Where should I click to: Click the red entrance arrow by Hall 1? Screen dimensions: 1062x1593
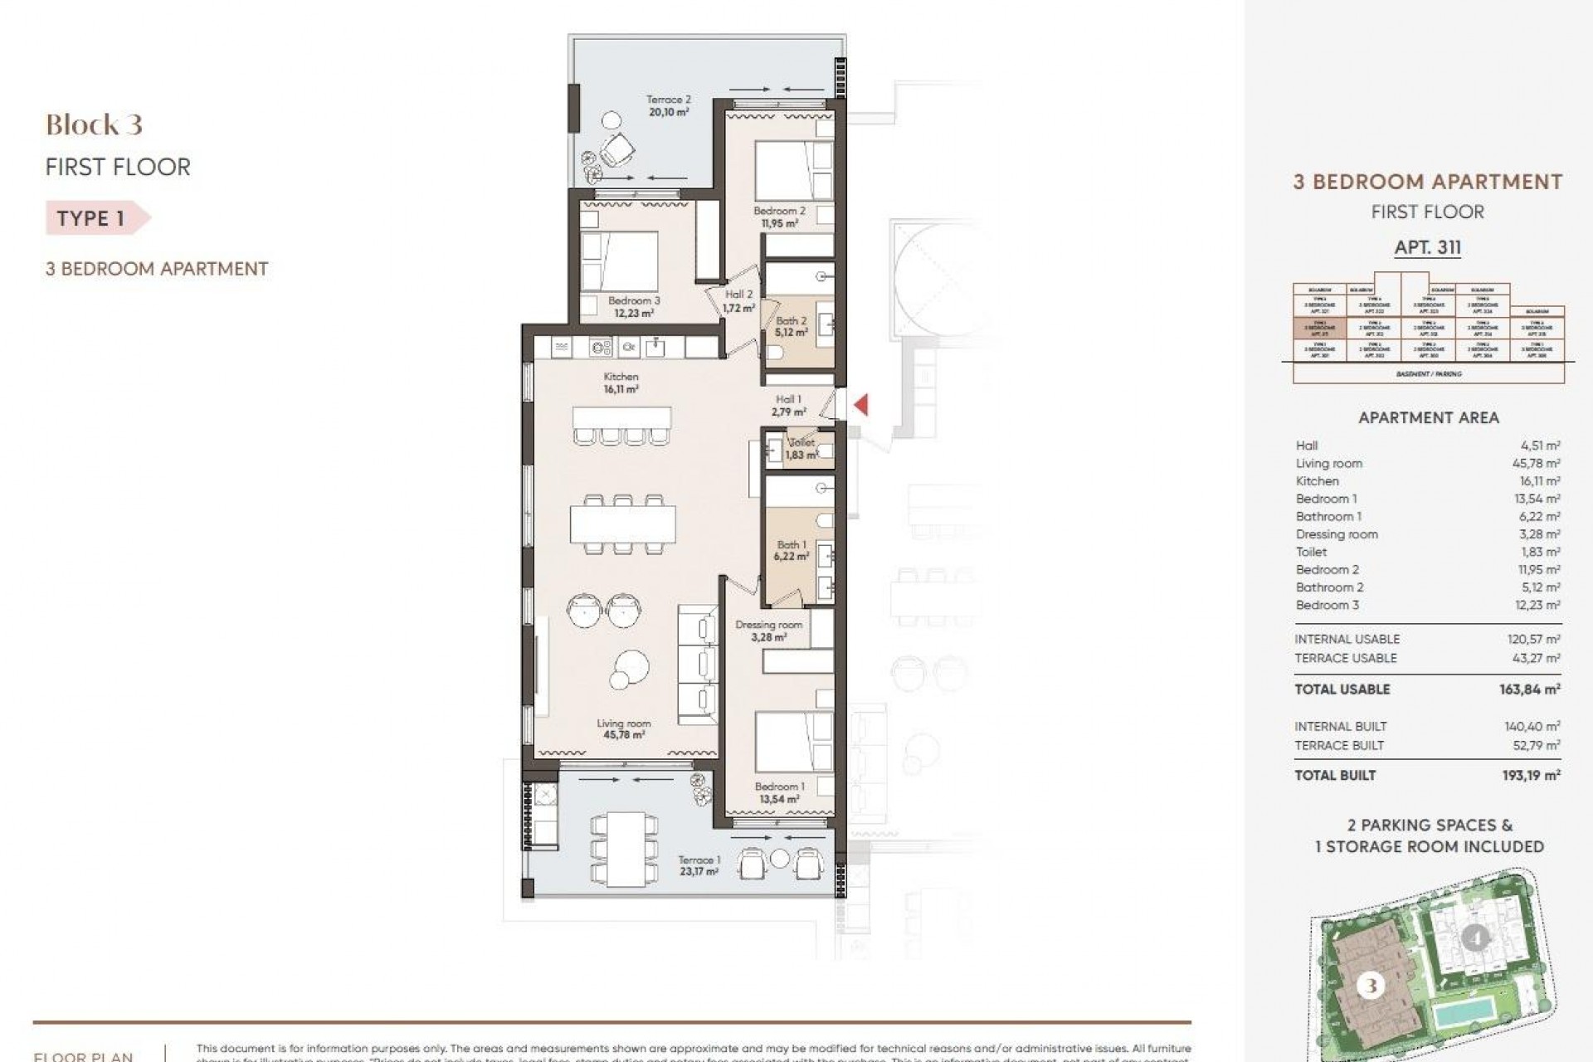[861, 404]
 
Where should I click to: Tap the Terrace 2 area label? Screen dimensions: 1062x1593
[668, 105]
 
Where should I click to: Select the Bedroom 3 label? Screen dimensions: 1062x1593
[634, 307]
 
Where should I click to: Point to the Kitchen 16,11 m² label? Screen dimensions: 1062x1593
[621, 382]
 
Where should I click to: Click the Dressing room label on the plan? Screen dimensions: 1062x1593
[768, 631]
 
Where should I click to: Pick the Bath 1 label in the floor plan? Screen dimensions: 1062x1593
[791, 551]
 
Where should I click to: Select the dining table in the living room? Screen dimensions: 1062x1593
[622, 524]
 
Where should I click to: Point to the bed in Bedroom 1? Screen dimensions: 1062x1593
[793, 741]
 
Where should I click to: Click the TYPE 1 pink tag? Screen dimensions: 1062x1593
[94, 218]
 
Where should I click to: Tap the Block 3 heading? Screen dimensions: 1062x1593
[94, 125]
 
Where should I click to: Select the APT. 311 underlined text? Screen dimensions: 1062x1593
[1427, 247]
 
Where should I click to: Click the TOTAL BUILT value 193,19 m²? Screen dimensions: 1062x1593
[1531, 775]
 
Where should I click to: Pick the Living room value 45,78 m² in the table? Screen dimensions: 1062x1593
[1536, 463]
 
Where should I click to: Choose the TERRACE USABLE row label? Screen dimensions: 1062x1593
[1345, 658]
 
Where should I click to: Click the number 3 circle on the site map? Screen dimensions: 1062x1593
[1370, 986]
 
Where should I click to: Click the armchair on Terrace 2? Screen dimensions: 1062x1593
[616, 152]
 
